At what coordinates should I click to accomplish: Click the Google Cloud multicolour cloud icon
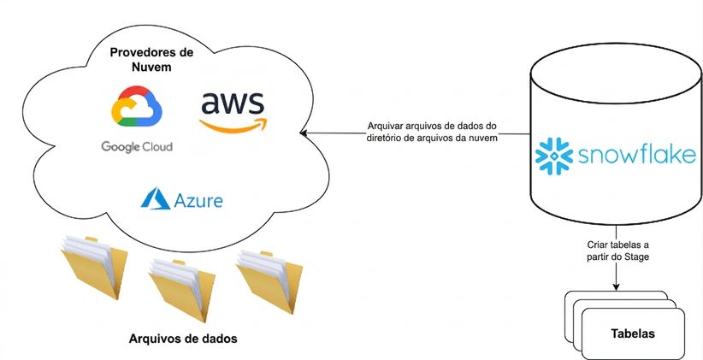(x=137, y=106)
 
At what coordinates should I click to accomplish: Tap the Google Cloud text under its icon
(x=137, y=146)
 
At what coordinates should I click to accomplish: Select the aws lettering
(x=233, y=103)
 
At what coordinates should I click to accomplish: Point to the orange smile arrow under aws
(x=233, y=126)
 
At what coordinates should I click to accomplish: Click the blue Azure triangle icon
(x=155, y=198)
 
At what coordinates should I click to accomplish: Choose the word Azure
(x=198, y=200)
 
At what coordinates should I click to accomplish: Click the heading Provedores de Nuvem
(x=151, y=60)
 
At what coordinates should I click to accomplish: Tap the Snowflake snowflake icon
(x=554, y=156)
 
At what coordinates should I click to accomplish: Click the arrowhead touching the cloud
(x=303, y=133)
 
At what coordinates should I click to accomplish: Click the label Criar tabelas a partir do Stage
(x=617, y=251)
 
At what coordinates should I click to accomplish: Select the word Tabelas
(x=633, y=333)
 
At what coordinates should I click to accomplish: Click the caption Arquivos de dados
(x=183, y=339)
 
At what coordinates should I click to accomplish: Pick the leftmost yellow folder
(x=94, y=266)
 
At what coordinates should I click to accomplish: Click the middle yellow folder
(x=181, y=290)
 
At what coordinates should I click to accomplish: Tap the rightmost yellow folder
(x=269, y=281)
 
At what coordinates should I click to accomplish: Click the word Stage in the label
(x=640, y=257)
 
